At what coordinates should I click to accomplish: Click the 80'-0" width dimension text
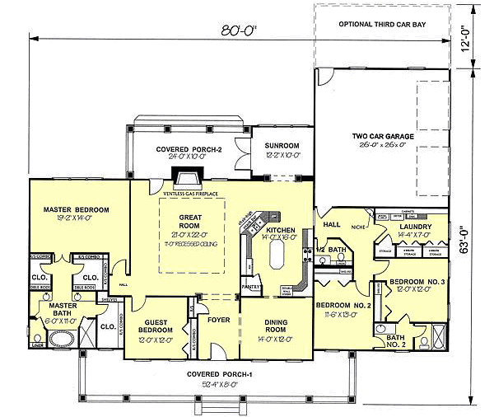click(240, 31)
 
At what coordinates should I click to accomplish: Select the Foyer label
click(217, 319)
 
